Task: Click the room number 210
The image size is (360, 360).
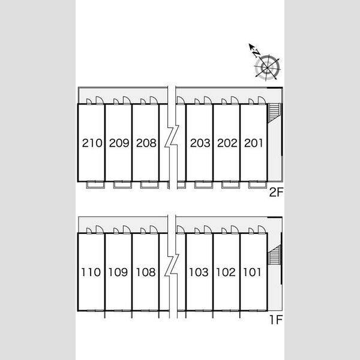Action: [x=92, y=143]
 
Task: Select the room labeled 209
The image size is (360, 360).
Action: [x=119, y=143]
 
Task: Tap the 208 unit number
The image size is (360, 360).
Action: [x=146, y=143]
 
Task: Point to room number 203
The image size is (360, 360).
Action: [x=200, y=143]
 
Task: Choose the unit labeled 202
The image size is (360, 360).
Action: [x=227, y=143]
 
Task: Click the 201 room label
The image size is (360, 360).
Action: [x=253, y=143]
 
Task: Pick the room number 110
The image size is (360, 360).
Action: [x=91, y=272]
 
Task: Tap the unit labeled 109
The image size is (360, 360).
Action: [x=118, y=272]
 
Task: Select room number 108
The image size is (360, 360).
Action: [x=146, y=272]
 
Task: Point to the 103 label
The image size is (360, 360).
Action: [x=199, y=272]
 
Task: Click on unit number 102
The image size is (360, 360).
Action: [x=226, y=272]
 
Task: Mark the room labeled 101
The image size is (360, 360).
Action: [x=252, y=272]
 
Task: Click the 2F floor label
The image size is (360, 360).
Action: [x=276, y=192]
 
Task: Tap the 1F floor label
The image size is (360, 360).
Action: [x=276, y=320]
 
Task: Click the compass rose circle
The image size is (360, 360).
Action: [x=268, y=67]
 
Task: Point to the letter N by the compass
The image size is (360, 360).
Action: [x=256, y=53]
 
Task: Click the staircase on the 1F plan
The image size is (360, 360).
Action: [x=275, y=255]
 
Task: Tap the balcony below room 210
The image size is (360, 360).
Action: [x=95, y=185]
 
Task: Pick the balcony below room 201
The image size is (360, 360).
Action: [x=258, y=185]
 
